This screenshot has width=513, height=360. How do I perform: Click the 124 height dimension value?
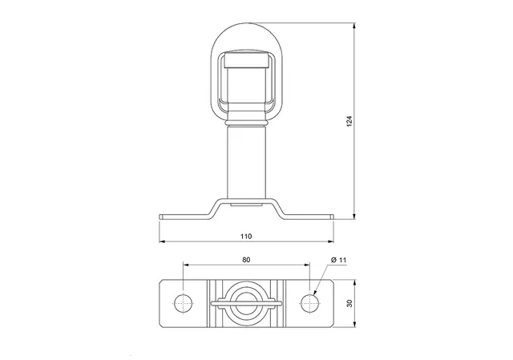pyautogui.click(x=349, y=121)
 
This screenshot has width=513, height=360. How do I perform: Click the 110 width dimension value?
pyautogui.click(x=246, y=236)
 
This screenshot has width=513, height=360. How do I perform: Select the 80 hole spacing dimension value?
pyautogui.click(x=246, y=260)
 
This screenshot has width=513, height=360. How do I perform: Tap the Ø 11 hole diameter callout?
pyautogui.click(x=338, y=260)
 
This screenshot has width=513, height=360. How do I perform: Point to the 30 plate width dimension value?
pyautogui.click(x=349, y=303)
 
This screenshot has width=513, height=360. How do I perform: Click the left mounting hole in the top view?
pyautogui.click(x=184, y=303)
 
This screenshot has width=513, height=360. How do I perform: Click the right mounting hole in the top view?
pyautogui.click(x=309, y=303)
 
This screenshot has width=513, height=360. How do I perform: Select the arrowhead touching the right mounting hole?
pyautogui.click(x=315, y=293)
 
